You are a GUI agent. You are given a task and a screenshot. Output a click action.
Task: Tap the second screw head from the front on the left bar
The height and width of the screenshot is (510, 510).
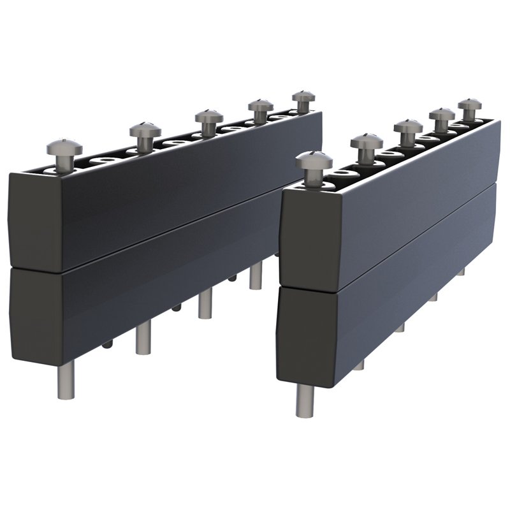145,130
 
